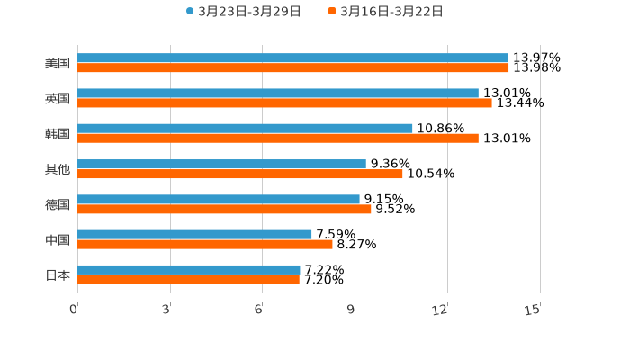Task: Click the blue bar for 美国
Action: pyautogui.click(x=292, y=58)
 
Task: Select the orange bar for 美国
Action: pyautogui.click(x=293, y=68)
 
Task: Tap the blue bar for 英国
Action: pyautogui.click(x=278, y=93)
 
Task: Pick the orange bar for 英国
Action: pyautogui.click(x=284, y=103)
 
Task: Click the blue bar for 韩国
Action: pyautogui.click(x=245, y=128)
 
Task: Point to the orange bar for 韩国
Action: pyautogui.click(x=278, y=139)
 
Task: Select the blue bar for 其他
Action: pyautogui.click(x=221, y=164)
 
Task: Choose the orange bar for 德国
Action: pyautogui.click(x=224, y=210)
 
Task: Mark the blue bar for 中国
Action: pyautogui.click(x=194, y=234)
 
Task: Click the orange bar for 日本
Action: pyautogui.click(x=188, y=280)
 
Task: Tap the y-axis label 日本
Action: pyautogui.click(x=58, y=275)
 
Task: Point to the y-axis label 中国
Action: pyautogui.click(x=58, y=240)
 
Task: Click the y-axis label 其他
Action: pyautogui.click(x=58, y=169)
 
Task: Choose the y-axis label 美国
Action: pyautogui.click(x=58, y=64)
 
